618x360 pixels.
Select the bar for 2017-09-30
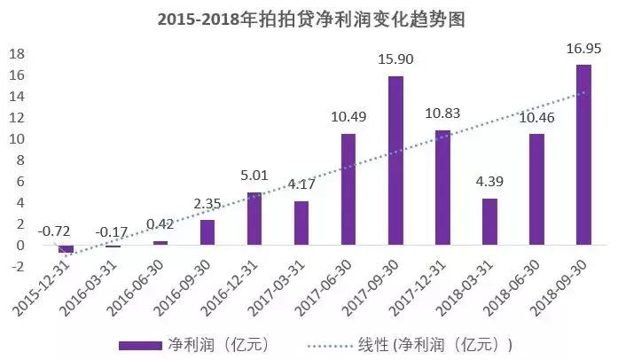click(395, 160)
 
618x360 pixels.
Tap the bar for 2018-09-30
click(583, 154)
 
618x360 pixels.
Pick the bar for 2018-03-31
click(489, 222)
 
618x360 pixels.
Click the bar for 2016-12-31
click(254, 218)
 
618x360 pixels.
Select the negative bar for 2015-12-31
click(66, 249)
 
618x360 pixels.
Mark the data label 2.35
click(207, 205)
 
